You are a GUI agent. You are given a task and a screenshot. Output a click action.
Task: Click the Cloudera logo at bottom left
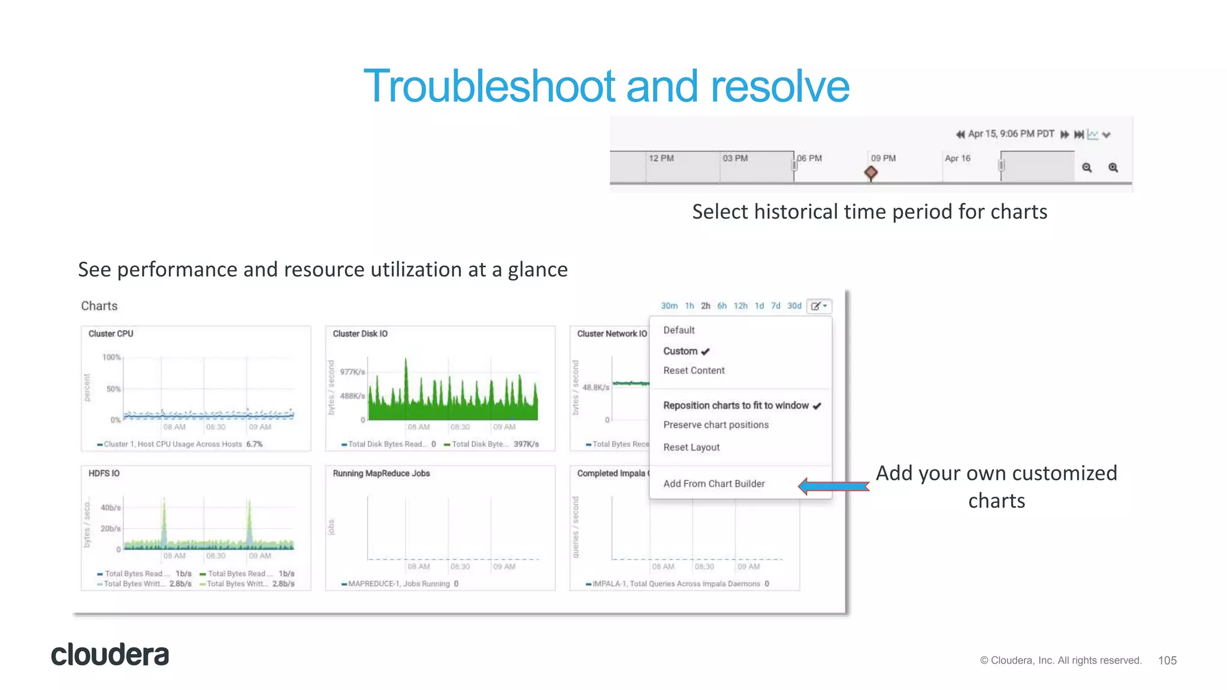click(110, 655)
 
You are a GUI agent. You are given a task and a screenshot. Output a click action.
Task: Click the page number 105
click(1167, 660)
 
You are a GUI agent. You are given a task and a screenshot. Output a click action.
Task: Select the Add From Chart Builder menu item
click(714, 483)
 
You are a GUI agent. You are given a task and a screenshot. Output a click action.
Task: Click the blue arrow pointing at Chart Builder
click(833, 486)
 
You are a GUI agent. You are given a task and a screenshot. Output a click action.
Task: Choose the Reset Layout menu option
click(691, 447)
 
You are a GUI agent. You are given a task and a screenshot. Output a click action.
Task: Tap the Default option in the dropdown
click(679, 330)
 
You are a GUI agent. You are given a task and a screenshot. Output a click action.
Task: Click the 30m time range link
click(669, 305)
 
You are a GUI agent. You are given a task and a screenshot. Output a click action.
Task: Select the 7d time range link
click(775, 305)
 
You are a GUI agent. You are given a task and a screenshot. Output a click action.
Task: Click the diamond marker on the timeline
click(871, 173)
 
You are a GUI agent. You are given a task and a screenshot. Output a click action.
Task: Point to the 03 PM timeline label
click(735, 158)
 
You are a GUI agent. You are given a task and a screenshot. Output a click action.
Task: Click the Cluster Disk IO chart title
click(360, 334)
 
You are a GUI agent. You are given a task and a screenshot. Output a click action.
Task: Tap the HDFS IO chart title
click(104, 473)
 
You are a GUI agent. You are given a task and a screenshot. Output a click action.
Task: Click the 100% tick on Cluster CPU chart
click(111, 357)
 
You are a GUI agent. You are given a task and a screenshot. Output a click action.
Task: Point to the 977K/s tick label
click(352, 372)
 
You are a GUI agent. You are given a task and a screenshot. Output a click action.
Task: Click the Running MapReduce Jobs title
click(381, 473)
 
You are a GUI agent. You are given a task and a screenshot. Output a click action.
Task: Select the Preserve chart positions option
click(715, 425)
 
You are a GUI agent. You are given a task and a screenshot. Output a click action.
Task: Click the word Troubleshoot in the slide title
click(489, 86)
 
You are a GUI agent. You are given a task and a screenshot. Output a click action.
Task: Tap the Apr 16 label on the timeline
click(957, 158)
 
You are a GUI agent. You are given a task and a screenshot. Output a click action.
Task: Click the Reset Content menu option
click(694, 370)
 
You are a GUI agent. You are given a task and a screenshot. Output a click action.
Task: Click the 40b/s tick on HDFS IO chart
click(110, 507)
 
